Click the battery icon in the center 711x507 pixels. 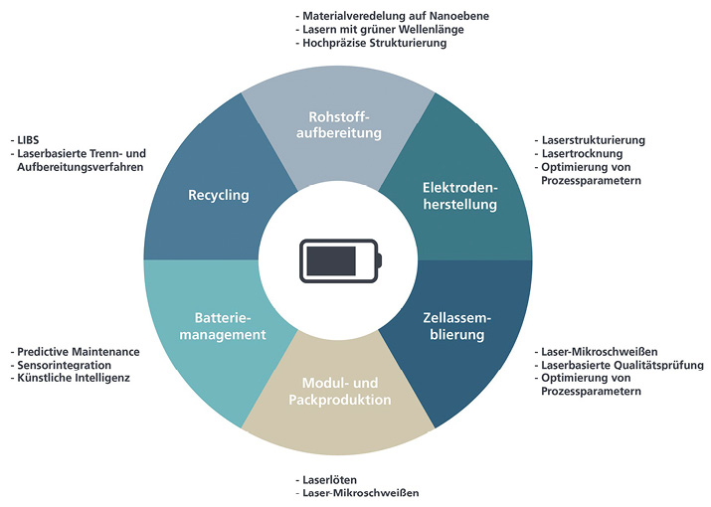338,261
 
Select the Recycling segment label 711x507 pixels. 218,195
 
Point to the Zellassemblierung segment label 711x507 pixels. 450,326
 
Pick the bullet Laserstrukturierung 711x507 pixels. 593,140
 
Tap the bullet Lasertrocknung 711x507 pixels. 581,154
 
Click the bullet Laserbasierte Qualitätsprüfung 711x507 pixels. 622,365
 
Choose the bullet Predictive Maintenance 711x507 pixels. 79,352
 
